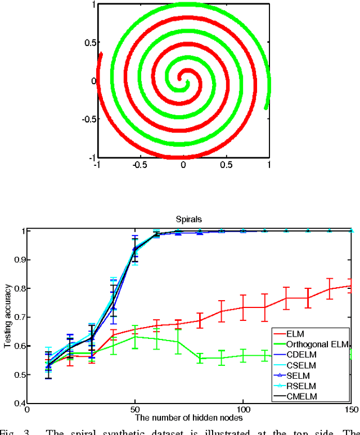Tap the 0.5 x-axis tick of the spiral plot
pyautogui.click(x=226, y=166)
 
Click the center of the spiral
pyautogui.click(x=183, y=80)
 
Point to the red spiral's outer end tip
pyautogui.click(x=101, y=54)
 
